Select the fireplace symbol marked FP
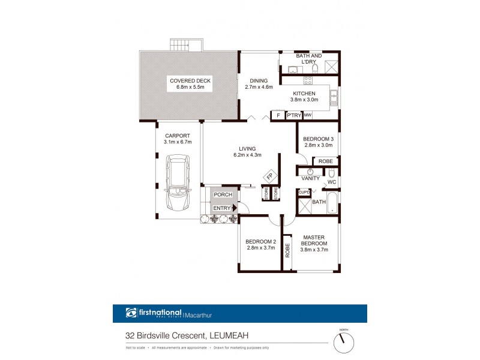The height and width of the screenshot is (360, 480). (269, 176)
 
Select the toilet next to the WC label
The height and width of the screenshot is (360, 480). (331, 173)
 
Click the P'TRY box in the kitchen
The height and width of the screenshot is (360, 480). (293, 115)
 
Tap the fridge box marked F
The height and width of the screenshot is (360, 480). (278, 115)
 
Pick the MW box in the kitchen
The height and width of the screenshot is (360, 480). (307, 115)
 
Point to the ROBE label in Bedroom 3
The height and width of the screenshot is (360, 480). (325, 161)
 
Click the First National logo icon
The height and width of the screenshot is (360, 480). (131, 313)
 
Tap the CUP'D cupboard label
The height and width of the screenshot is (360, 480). (304, 192)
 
